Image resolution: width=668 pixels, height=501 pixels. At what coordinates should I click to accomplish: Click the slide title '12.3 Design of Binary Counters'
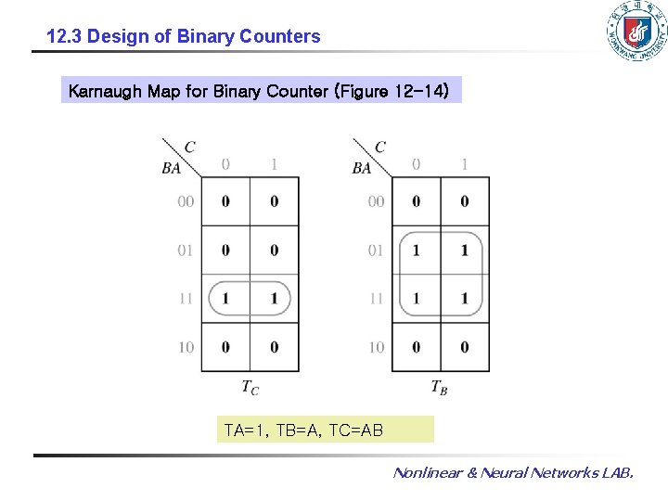point(184,37)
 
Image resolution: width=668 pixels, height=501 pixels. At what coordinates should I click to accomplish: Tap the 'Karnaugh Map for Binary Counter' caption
point(260,91)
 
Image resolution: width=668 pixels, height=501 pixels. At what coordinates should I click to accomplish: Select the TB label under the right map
point(440,387)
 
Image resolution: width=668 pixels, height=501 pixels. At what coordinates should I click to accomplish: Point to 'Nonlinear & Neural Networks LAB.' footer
point(513,473)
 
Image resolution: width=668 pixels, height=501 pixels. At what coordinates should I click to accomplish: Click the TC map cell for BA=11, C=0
point(225,299)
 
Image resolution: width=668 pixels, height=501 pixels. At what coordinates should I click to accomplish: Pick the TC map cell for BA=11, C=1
point(274,299)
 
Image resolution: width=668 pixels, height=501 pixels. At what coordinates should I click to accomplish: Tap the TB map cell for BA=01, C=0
point(416,250)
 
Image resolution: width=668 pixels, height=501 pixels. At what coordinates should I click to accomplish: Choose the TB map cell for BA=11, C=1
point(464,299)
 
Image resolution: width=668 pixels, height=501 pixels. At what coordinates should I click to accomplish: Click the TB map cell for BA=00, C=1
point(464,201)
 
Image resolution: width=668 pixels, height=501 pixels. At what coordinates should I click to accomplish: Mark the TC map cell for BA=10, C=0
point(225,347)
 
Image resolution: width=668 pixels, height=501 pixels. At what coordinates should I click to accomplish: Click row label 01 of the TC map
point(186,250)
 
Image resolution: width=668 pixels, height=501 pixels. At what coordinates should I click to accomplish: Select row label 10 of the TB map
point(376,347)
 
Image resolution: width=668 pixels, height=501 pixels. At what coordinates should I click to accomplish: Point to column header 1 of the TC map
point(274,165)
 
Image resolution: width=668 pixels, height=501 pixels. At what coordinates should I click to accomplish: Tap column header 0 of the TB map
point(416,165)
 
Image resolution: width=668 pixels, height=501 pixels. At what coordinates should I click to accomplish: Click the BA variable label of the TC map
point(172,168)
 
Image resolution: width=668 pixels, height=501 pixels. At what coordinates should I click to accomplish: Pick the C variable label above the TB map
point(379,147)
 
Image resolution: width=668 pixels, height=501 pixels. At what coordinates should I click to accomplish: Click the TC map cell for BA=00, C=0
point(225,201)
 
